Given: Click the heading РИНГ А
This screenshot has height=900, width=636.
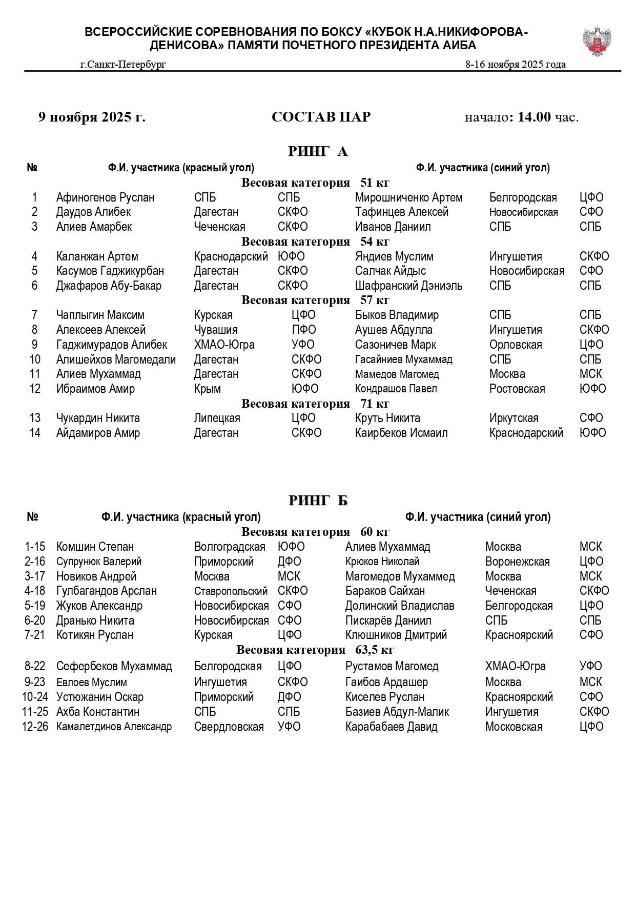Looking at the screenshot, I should (x=318, y=151).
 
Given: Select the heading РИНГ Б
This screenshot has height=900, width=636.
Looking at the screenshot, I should (x=318, y=500).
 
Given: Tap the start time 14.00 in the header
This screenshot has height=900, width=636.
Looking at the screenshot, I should (x=534, y=117).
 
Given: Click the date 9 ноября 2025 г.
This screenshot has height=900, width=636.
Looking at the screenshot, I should (x=92, y=117).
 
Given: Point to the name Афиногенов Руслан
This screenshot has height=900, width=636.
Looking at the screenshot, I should (x=105, y=197).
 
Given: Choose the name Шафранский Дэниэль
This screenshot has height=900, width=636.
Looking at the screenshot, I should (x=408, y=286).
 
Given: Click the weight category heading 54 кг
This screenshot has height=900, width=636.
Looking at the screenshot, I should (x=315, y=242).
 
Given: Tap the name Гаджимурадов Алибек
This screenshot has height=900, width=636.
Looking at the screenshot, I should (x=111, y=345).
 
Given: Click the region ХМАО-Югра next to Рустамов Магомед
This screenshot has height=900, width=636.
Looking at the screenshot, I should (x=515, y=666).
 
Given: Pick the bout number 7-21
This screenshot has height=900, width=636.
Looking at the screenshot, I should (x=35, y=635).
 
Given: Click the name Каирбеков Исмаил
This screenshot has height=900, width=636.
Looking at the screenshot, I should (x=401, y=433).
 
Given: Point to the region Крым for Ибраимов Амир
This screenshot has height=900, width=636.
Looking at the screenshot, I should (x=207, y=389).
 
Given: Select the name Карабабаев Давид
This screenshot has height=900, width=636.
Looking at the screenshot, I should (x=391, y=727).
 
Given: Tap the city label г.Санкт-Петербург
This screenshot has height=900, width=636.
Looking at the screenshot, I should (x=123, y=64).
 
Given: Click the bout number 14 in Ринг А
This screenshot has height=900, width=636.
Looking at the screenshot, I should (x=34, y=433).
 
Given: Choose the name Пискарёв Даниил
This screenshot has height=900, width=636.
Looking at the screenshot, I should (x=388, y=621).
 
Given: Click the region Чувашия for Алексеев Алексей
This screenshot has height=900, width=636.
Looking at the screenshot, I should (x=215, y=330).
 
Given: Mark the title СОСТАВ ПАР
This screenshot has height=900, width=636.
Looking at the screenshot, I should (x=321, y=117).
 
